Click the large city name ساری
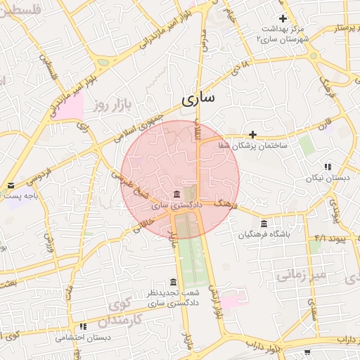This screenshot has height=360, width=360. click(x=198, y=99)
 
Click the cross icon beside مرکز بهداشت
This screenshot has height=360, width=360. click(x=283, y=19)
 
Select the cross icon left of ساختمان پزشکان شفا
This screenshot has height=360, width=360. click(x=252, y=134)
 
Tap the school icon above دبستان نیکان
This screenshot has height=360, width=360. click(x=328, y=167)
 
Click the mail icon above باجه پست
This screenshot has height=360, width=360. click(x=11, y=186)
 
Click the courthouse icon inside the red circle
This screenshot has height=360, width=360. click(x=176, y=194)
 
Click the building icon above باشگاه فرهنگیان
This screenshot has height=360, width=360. click(x=264, y=224)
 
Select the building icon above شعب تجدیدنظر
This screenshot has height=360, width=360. click(x=174, y=281)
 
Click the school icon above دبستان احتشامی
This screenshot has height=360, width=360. click(x=84, y=327)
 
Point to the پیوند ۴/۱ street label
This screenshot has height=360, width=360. click(x=330, y=237)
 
